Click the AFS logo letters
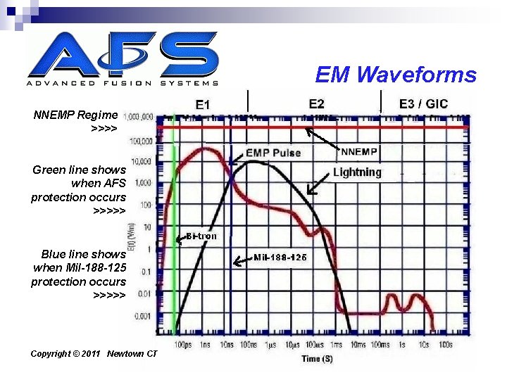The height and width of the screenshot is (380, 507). click(123, 54)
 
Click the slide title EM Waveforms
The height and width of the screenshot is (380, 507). click(396, 75)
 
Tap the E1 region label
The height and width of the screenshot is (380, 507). click(202, 104)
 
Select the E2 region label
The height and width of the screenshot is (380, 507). click(317, 103)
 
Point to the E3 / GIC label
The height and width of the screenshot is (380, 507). click(423, 103)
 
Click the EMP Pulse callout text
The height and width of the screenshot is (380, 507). click(273, 153)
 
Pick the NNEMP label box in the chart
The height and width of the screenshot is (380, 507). click(359, 151)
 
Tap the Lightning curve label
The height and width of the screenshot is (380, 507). click(357, 172)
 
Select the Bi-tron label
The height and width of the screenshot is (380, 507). click(201, 236)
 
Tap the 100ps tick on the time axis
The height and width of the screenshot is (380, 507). click(182, 345)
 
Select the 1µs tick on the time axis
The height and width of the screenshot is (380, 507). click(270, 345)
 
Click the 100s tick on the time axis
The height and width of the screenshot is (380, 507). click(444, 345)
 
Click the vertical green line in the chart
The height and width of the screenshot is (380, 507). click(173, 225)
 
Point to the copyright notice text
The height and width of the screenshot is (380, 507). click(94, 353)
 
